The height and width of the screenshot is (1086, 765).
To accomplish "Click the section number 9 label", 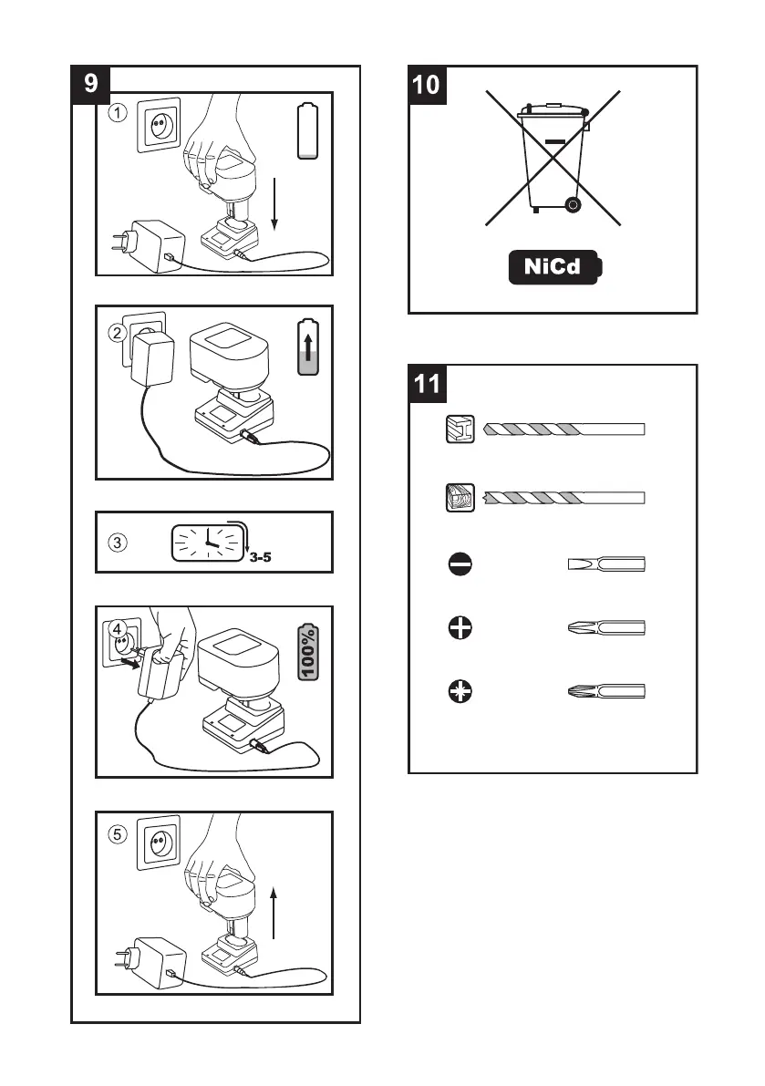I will (90, 84).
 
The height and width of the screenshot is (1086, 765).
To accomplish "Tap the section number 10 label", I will (426, 84).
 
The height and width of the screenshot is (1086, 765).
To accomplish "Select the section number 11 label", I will (426, 384).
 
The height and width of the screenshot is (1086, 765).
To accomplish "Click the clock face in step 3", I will (209, 543).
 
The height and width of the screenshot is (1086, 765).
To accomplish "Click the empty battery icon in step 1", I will (308, 132).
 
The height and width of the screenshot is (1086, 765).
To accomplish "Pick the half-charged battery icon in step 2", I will (308, 346).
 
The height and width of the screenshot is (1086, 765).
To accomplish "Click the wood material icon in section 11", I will (459, 498).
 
